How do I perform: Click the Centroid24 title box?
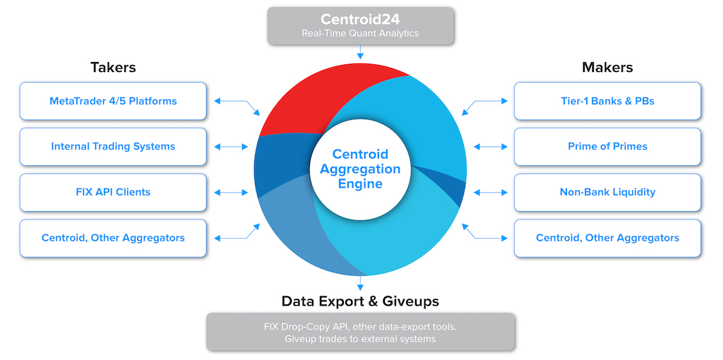[361, 26]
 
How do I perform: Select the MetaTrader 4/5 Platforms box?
[113, 101]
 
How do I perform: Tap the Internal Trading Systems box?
[113, 147]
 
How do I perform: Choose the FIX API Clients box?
[113, 192]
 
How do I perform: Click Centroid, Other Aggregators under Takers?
[113, 238]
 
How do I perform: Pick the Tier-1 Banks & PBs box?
[607, 101]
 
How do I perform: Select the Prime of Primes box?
[607, 147]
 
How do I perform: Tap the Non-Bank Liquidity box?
[607, 192]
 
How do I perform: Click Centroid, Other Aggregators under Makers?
[607, 238]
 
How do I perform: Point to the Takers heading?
[113, 67]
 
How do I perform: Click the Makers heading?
[607, 67]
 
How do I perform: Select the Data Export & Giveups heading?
[360, 301]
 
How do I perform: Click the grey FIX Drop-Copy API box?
[361, 332]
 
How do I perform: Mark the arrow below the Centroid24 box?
[361, 52]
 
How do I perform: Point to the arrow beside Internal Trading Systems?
[232, 147]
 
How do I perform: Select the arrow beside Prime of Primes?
[491, 147]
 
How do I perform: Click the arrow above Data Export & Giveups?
[361, 282]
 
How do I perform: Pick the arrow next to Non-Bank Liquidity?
[491, 193]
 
